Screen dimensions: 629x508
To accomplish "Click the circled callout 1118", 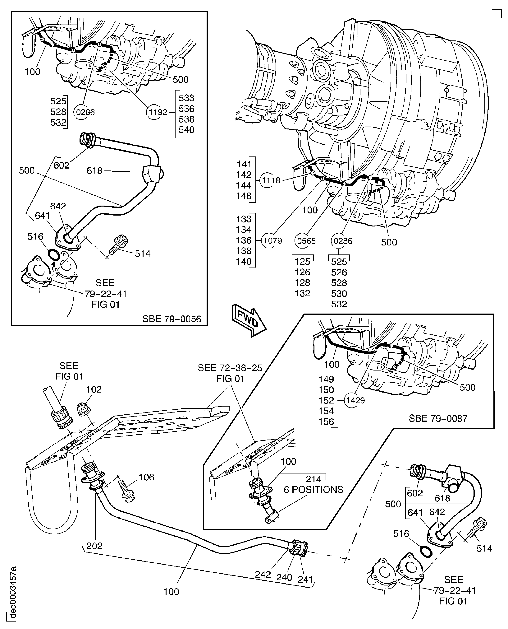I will (271, 181).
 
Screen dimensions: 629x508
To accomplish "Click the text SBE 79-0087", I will (438, 418).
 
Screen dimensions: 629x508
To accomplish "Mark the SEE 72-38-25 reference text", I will (230, 368).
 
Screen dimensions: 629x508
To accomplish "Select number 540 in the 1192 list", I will (186, 130).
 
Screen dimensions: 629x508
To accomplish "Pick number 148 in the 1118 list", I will (244, 196).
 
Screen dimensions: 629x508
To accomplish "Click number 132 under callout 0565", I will (302, 293).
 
